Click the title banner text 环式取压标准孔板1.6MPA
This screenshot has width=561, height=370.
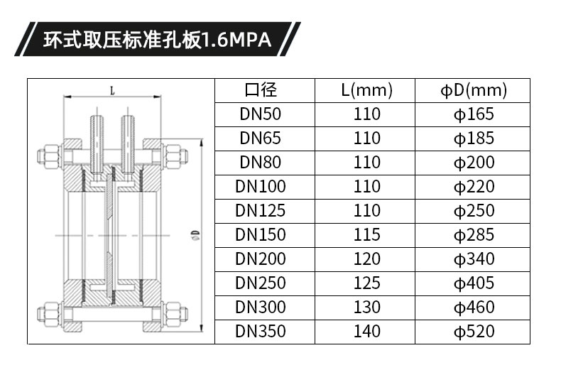[157, 40]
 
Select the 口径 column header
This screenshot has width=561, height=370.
[261, 89]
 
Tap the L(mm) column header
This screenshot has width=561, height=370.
[366, 90]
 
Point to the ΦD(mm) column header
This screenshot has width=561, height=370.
[474, 90]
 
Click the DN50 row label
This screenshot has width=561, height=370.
[261, 114]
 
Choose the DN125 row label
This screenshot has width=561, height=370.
[261, 210]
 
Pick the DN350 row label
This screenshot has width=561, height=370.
[261, 331]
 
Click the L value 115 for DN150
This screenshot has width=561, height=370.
[366, 234]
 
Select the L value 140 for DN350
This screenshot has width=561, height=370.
[366, 331]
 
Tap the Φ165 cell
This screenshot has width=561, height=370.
[474, 114]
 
